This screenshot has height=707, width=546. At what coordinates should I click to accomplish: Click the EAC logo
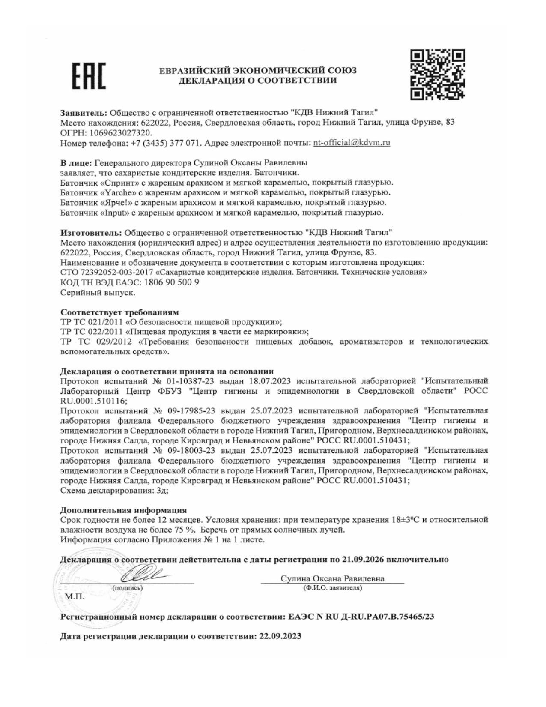pyautogui.click(x=89, y=76)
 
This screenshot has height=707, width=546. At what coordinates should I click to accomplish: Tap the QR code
pyautogui.click(x=437, y=75)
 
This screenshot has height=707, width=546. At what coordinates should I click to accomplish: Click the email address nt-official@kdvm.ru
pyautogui.click(x=351, y=143)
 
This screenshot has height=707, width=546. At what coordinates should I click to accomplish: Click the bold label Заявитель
pyautogui.click(x=83, y=113)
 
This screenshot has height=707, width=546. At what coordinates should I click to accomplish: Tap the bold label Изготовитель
pyautogui.click(x=91, y=233)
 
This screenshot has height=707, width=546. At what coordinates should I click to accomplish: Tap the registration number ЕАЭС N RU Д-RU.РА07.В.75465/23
pyautogui.click(x=361, y=617)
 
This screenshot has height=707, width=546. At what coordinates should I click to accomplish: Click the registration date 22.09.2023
pyautogui.click(x=280, y=636)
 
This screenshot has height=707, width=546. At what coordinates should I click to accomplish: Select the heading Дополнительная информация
pyautogui.click(x=123, y=510)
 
